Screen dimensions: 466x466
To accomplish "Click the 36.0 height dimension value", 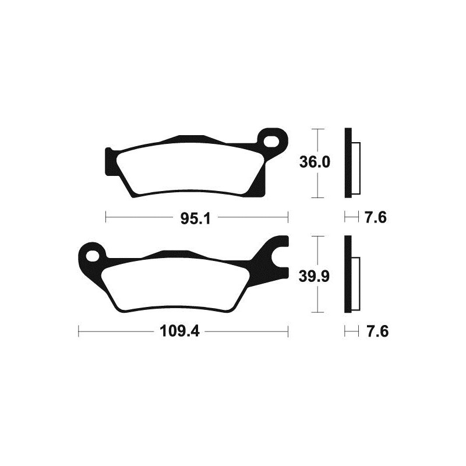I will tap(315, 163).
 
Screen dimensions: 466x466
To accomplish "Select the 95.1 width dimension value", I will tap(195, 218).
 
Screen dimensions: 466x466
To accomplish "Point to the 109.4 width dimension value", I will tap(183, 333).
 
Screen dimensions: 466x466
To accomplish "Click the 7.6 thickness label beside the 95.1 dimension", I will tap(376, 218).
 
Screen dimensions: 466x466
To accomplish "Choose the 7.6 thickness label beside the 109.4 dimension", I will tap(376, 333).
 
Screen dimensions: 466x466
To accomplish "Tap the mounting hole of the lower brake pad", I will tap(93, 255).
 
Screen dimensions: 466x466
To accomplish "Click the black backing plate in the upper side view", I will tap(348, 163).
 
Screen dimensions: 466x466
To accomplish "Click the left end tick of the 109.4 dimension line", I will tap(79, 333).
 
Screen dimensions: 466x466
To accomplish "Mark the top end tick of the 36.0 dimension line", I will tap(316, 128).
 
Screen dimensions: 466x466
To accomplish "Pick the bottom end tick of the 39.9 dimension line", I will tap(316, 313).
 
